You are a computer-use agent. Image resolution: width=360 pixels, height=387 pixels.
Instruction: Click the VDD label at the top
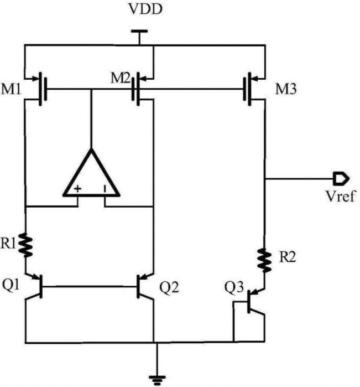(x=145, y=9)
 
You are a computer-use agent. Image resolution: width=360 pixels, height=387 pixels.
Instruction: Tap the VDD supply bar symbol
(x=139, y=32)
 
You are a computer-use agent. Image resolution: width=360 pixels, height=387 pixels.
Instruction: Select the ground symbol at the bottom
(x=157, y=380)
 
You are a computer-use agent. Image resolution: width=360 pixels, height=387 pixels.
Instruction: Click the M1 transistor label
(x=11, y=89)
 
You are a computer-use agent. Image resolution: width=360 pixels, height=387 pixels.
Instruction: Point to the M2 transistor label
(x=120, y=78)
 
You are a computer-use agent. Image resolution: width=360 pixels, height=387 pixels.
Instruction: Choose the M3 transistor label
(x=286, y=89)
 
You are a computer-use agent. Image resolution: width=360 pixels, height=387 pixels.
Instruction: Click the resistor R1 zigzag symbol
(x=26, y=245)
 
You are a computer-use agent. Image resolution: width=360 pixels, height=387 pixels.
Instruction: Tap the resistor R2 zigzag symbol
(x=264, y=260)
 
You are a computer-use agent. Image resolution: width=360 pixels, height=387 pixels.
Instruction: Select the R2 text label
(x=287, y=257)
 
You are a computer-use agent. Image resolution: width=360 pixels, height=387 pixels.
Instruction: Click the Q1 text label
(x=11, y=285)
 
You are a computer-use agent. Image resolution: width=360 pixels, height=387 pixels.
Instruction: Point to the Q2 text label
(x=169, y=287)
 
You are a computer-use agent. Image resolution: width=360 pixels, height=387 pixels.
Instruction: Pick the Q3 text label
(x=234, y=287)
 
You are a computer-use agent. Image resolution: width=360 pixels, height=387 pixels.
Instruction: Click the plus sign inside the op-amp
(x=77, y=189)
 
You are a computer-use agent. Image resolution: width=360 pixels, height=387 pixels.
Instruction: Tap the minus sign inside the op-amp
(x=105, y=189)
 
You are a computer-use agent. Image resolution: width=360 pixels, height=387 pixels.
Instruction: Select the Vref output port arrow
(x=341, y=178)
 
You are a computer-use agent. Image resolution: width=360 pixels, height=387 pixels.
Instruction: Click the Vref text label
(x=340, y=196)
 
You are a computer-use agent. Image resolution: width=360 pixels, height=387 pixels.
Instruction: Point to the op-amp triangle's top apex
(x=91, y=149)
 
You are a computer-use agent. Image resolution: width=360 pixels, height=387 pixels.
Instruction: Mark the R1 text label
(x=8, y=244)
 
